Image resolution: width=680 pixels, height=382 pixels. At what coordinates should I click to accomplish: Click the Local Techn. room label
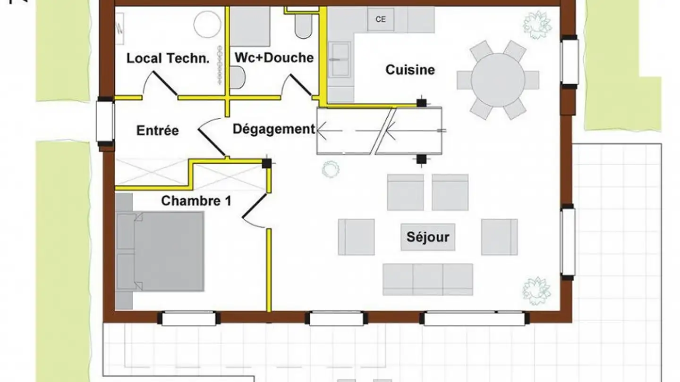[168, 58]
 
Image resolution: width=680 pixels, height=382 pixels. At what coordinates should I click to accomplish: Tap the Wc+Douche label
[274, 58]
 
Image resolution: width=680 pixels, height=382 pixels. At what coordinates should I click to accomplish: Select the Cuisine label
[410, 70]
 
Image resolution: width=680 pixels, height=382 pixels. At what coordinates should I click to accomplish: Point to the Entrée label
[158, 130]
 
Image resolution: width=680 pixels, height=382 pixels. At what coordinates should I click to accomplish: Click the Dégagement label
[274, 129]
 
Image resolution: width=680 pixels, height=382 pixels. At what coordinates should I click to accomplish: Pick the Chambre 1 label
[196, 201]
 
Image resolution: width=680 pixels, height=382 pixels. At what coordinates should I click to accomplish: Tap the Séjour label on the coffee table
[428, 237]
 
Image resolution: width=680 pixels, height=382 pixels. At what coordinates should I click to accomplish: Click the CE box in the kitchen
[381, 19]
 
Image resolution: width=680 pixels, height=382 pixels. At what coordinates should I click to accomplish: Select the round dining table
[498, 80]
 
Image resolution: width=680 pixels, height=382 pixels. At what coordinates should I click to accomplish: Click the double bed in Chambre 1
[160, 251]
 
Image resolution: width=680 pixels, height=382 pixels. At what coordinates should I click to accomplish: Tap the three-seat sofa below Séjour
[428, 280]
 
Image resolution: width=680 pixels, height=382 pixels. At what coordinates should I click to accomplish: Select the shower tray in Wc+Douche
[250, 27]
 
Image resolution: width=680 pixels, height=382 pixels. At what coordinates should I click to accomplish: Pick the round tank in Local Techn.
[207, 24]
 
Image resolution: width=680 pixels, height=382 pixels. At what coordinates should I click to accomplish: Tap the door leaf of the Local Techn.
[165, 83]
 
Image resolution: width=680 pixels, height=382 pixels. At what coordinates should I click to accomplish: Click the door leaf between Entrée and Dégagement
[212, 142]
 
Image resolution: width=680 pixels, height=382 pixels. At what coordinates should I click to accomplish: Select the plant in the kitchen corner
[537, 25]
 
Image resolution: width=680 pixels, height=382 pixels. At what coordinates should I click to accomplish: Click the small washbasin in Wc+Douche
[238, 77]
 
